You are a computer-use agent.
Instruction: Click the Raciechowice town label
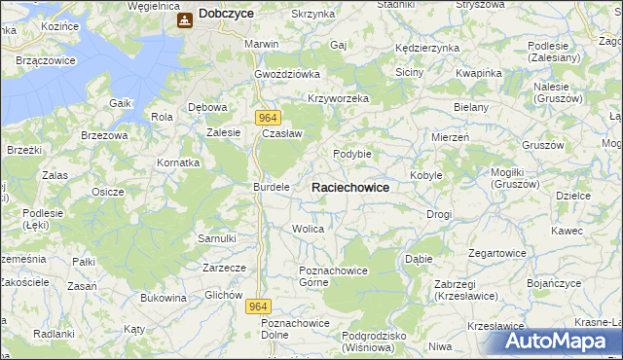point(350,187)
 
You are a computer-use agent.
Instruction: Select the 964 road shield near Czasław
point(270,117)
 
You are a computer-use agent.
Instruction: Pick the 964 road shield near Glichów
point(257,306)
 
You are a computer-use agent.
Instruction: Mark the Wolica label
point(308,229)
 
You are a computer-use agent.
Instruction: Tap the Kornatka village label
point(179,162)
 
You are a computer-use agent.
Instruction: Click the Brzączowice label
point(47,60)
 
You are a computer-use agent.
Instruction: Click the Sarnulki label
point(217,237)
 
